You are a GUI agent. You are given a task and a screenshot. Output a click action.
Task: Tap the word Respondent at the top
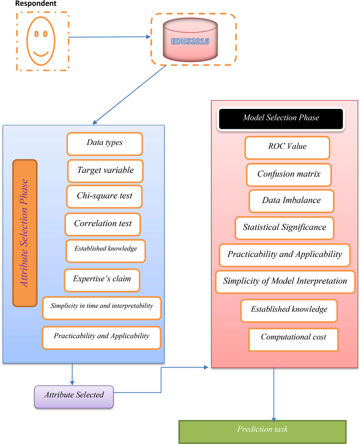pyautogui.click(x=36, y=4)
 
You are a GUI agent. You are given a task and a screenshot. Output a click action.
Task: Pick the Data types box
pyautogui.click(x=105, y=143)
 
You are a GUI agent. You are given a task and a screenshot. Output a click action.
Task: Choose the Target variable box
pyautogui.click(x=105, y=171)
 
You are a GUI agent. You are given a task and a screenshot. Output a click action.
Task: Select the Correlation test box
pyautogui.click(x=103, y=224)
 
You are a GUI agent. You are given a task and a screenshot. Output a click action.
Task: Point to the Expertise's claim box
pyautogui.click(x=102, y=280)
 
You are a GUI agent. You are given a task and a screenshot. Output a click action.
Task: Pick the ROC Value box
pyautogui.click(x=287, y=147)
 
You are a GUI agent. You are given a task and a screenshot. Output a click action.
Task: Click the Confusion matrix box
pyautogui.click(x=288, y=174)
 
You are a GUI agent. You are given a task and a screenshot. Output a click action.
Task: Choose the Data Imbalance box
pyautogui.click(x=291, y=201)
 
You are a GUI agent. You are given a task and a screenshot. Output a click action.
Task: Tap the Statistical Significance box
pyautogui.click(x=284, y=228)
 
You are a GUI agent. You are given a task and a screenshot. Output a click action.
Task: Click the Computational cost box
pyautogui.click(x=293, y=338)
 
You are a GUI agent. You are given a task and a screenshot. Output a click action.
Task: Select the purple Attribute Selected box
pyautogui.click(x=74, y=396)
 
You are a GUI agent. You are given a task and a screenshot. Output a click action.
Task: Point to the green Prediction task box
pyautogui.click(x=262, y=430)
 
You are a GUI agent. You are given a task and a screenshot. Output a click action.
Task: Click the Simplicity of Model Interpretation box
pyautogui.click(x=285, y=282)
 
